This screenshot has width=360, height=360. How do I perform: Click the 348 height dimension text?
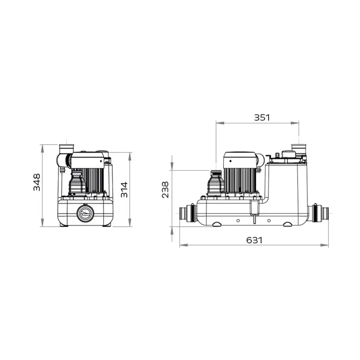[37, 182]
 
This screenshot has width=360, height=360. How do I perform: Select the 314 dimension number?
[124, 189]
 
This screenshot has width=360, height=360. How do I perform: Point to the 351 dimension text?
[261, 117]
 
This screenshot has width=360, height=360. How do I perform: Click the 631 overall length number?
[254, 240]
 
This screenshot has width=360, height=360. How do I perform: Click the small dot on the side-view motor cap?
[228, 161]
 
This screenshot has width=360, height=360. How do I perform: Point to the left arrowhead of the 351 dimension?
[218, 122]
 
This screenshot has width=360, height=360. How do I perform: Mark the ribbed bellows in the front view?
[76, 183]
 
